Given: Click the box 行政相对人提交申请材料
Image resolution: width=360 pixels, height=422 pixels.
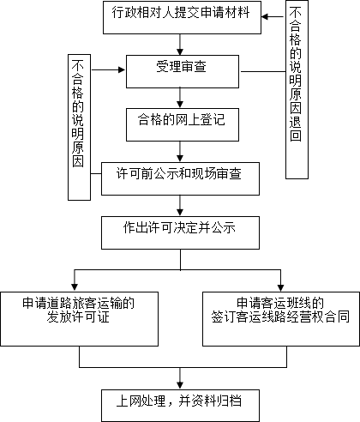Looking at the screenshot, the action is tap(182, 17).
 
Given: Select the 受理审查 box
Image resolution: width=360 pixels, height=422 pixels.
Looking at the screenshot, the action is tap(183, 71).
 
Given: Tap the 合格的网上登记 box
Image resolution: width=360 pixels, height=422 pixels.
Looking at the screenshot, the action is tap(183, 124).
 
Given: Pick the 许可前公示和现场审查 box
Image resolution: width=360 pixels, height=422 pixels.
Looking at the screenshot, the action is tap(180, 179).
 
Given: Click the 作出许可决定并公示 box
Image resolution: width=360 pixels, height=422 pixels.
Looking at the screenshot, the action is tap(180, 232).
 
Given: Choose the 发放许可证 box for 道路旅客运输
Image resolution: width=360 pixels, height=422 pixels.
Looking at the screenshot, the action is tap(79, 319).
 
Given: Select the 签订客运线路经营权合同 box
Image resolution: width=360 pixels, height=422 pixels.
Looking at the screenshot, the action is tap(281, 319).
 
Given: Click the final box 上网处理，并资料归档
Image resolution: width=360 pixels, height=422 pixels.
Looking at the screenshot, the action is tap(180, 406).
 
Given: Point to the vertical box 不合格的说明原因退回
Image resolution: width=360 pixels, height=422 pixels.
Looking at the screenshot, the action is tap(297, 90).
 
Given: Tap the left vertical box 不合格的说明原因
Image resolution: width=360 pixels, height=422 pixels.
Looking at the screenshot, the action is tap(79, 128).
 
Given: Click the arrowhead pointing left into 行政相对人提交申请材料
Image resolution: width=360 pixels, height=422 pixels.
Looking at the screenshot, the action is tap(265, 16).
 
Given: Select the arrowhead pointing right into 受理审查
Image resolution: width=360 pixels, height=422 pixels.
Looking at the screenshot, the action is tap(122, 69).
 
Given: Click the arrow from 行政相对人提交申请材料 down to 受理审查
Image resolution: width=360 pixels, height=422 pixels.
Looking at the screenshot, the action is tap(180, 45).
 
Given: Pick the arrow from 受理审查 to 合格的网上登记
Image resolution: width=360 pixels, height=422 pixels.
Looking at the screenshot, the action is tap(180, 98).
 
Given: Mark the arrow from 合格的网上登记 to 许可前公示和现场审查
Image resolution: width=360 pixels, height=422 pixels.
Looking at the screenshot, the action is tap(180, 152).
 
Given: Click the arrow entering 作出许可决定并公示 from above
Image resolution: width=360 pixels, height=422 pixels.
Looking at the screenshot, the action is tap(180, 206).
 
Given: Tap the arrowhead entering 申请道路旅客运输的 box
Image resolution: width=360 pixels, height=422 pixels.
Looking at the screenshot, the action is tap(75, 288).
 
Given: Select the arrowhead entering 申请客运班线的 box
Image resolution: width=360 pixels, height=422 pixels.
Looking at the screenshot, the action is tap(280, 288).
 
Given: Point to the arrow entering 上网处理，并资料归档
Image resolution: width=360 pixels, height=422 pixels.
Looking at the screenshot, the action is tap(180, 378).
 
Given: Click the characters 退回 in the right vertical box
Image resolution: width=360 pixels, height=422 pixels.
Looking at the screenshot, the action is tap(296, 129).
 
